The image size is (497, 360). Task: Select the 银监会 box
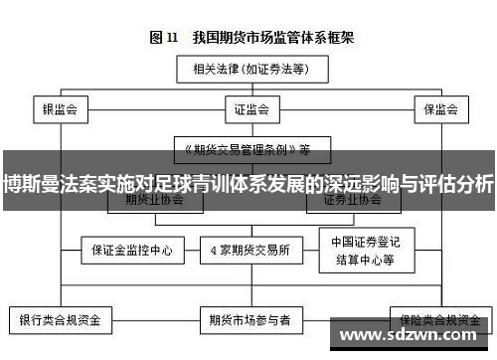click(60, 106)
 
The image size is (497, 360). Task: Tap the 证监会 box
click(248, 106)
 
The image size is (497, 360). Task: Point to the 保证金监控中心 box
click(125, 249)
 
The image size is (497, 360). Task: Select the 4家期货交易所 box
click(248, 249)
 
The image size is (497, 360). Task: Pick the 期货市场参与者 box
click(248, 321)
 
